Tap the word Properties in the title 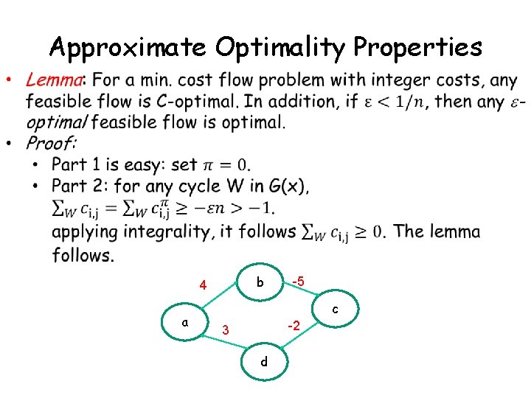coord(417,48)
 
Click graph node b coord(260,282)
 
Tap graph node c coord(336,310)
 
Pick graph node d coord(263,361)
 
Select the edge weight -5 coord(297,280)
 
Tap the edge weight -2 coord(293,325)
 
